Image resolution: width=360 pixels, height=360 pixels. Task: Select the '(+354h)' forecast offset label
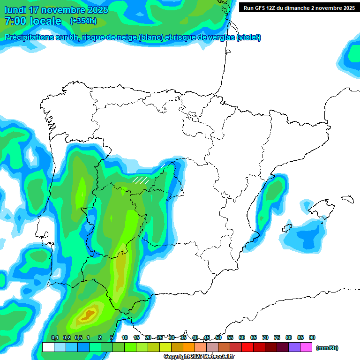coord(83,21)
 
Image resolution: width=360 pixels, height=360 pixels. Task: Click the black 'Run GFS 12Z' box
coord(299,7)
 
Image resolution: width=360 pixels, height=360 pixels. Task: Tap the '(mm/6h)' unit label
coord(327,348)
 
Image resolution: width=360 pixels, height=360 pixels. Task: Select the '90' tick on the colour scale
coord(312,338)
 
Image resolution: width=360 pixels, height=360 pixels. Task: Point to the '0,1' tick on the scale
coord(54,338)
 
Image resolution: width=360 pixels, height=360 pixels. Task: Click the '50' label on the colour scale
coord(218,338)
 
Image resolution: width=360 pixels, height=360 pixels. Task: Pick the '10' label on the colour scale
coord(125,338)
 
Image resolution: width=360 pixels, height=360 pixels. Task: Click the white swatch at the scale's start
coord(48,347)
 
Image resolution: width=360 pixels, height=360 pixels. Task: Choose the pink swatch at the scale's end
coord(306,347)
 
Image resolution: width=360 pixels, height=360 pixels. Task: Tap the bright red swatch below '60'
coord(247,347)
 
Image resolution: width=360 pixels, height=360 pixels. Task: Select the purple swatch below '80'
coord(294,347)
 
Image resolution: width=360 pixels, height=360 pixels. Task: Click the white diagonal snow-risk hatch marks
coord(140,180)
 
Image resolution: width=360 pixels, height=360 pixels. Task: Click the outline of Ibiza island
coord(286,228)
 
